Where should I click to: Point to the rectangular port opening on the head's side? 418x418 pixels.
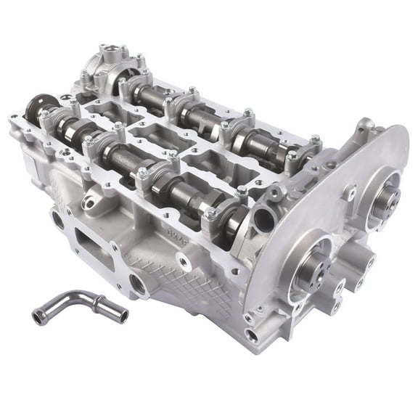[x=95, y=243]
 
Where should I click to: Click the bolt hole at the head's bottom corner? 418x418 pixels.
[x=252, y=335]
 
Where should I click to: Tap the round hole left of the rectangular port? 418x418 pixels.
[x=57, y=218]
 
